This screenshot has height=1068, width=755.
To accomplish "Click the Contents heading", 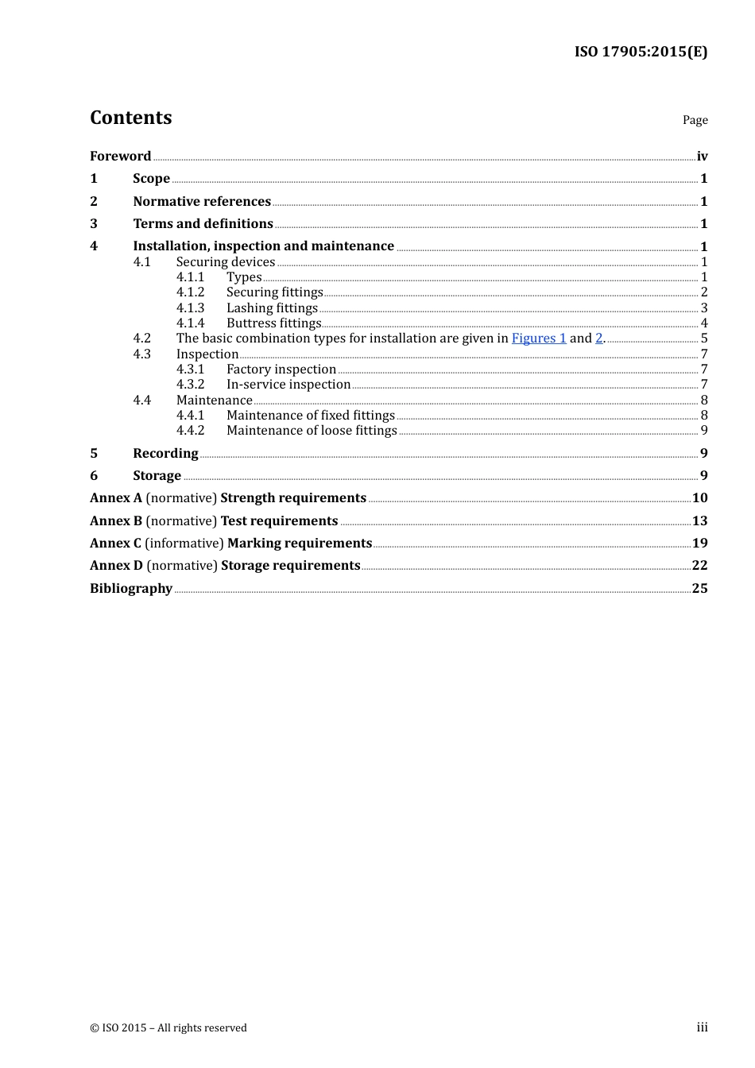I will (x=131, y=118).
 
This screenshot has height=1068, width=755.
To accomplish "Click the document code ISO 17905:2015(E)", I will (x=641, y=52).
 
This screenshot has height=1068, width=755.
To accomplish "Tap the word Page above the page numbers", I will (x=695, y=120).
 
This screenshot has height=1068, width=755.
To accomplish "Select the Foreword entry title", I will (x=120, y=156).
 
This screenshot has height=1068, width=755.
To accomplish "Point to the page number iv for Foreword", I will (x=702, y=157).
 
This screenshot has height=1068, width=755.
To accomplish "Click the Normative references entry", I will (x=202, y=201).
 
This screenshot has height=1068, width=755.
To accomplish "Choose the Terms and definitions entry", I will (x=203, y=223).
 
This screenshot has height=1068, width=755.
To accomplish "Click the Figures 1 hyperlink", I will (x=539, y=339).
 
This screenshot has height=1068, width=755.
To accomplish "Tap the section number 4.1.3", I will (x=190, y=308).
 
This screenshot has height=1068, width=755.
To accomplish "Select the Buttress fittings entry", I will (x=273, y=323).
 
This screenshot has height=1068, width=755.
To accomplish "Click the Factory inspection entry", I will (x=281, y=370).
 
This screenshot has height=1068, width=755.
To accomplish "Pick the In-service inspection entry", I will (x=288, y=385).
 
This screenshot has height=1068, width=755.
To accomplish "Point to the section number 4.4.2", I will (x=190, y=431).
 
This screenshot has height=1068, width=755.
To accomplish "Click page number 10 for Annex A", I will (x=699, y=498).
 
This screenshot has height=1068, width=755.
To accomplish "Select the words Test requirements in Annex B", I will (x=279, y=520).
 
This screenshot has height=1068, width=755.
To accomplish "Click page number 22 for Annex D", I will (x=699, y=566).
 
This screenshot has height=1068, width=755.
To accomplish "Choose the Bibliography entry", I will (x=131, y=588).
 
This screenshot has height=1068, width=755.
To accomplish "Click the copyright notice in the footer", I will (x=168, y=1027).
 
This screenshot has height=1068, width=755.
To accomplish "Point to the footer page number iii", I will (x=702, y=1027).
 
